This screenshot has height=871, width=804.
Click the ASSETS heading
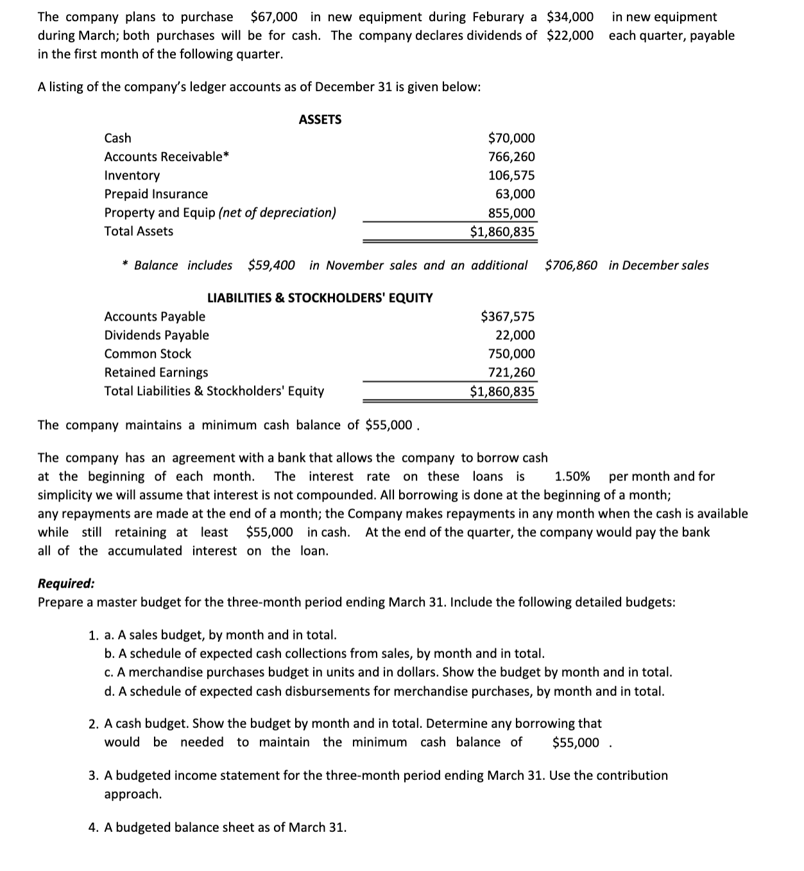pyautogui.click(x=320, y=119)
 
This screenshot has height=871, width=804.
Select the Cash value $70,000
pyautogui.click(x=511, y=138)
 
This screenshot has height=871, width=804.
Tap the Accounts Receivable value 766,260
pyautogui.click(x=511, y=156)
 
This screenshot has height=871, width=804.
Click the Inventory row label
pyautogui.click(x=132, y=175)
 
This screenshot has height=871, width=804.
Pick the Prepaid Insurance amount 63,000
pyautogui.click(x=515, y=194)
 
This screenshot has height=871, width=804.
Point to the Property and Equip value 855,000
pyautogui.click(x=511, y=213)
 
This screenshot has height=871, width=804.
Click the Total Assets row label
pyautogui.click(x=139, y=231)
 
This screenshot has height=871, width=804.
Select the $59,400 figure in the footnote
pyautogui.click(x=271, y=265)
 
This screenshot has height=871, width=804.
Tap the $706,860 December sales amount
pyautogui.click(x=570, y=265)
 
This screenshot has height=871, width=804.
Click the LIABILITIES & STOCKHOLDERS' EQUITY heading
pyautogui.click(x=320, y=298)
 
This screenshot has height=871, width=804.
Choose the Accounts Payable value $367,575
pyautogui.click(x=507, y=316)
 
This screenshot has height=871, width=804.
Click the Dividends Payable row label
pyautogui.click(x=157, y=335)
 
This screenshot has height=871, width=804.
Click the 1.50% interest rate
pyautogui.click(x=572, y=476)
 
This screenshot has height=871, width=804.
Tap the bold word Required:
pyautogui.click(x=66, y=583)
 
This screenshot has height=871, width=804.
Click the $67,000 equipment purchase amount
pyautogui.click(x=273, y=17)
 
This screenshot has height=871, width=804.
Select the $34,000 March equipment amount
pyautogui.click(x=570, y=17)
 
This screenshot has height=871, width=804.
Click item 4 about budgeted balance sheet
pyautogui.click(x=218, y=827)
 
